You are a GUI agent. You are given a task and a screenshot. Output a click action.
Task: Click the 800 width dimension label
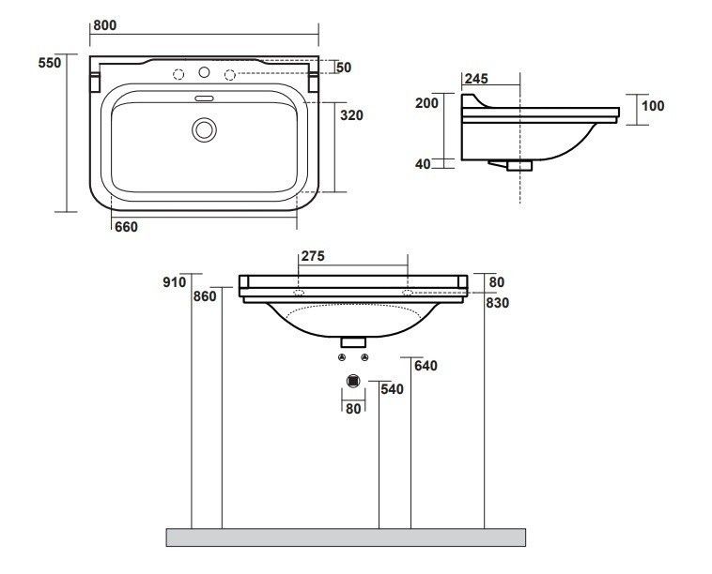click(105, 25)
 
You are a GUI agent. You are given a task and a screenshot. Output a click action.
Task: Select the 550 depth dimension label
click(50, 63)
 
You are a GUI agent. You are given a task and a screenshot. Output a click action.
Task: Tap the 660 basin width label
click(126, 226)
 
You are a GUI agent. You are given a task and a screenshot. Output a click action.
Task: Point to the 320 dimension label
click(352, 115)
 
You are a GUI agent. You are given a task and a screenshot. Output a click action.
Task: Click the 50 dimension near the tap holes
click(344, 68)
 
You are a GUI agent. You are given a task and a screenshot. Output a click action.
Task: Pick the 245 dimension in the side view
click(476, 79)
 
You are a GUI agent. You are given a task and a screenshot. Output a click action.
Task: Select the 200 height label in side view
click(426, 103)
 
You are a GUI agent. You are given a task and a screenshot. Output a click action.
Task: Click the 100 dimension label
click(653, 106)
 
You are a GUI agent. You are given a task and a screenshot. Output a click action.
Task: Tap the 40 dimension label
click(423, 164)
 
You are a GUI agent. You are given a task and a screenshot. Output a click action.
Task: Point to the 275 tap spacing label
click(314, 256)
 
